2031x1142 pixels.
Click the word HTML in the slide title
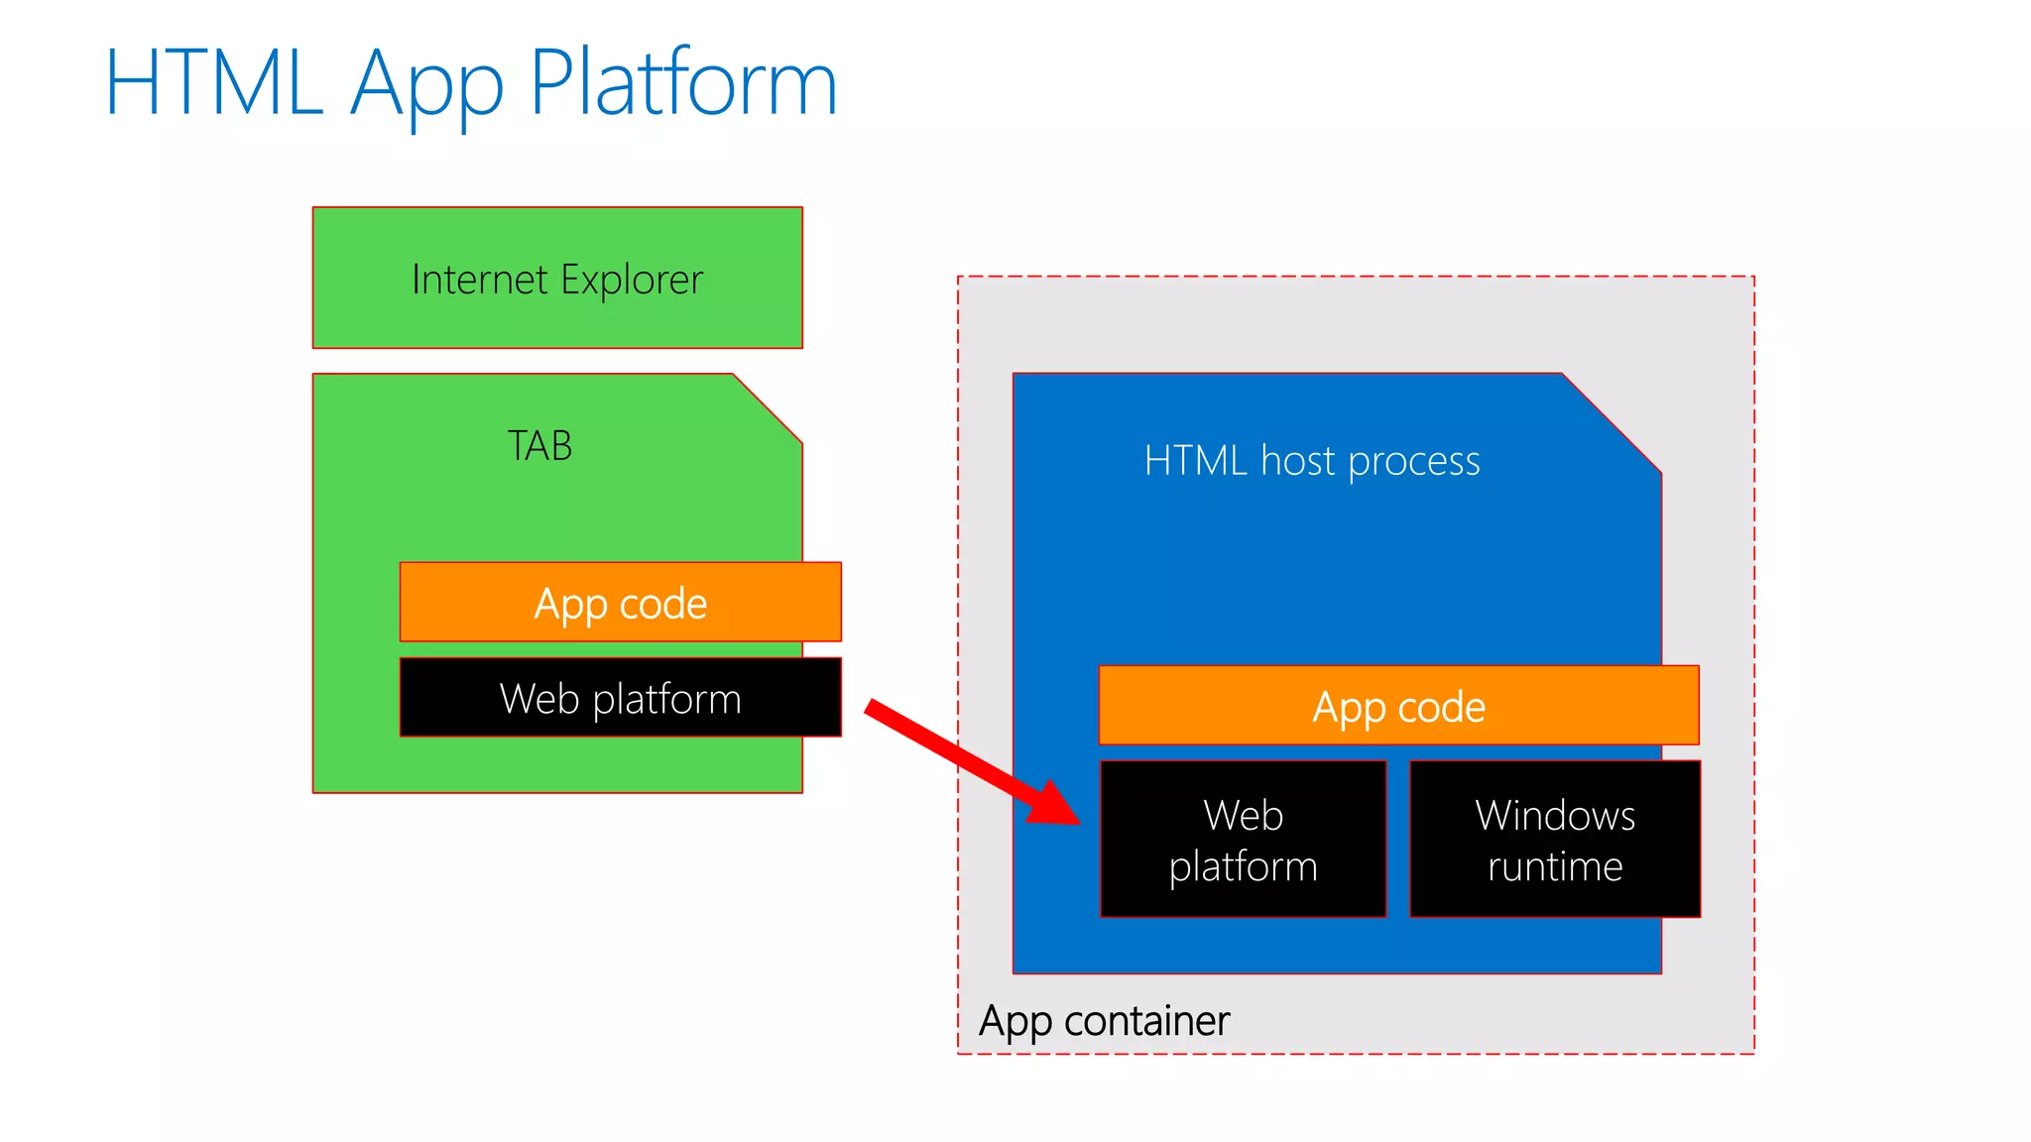[x=213, y=83]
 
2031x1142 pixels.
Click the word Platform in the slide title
[x=683, y=83]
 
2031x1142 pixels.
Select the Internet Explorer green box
[x=557, y=279]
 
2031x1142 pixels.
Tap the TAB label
[x=539, y=446]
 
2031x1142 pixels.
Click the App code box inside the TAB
[x=621, y=603]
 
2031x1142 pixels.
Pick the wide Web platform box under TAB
[x=621, y=698]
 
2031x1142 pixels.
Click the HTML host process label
[x=1311, y=461]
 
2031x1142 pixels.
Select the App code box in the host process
[x=1398, y=706]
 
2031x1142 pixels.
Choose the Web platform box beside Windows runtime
[x=1243, y=840]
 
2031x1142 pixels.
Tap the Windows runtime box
[x=1554, y=840]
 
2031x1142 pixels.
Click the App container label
[x=1104, y=1021]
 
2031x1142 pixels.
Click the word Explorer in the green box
[x=631, y=281]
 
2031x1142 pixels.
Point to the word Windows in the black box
[x=1554, y=815]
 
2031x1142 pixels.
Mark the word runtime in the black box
[x=1554, y=866]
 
